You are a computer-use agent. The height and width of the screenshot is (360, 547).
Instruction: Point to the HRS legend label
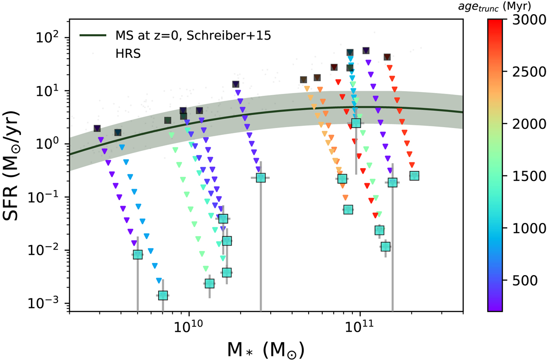tap(126, 52)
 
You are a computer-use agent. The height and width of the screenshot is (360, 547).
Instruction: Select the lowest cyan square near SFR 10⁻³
tap(163, 295)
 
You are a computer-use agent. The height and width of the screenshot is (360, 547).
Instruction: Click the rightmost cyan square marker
tap(414, 176)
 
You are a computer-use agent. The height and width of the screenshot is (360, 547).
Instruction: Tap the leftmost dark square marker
tap(97, 129)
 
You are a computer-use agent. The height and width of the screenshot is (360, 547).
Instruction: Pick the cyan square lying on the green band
tap(356, 123)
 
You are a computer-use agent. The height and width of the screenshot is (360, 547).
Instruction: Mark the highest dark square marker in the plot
tap(366, 50)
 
